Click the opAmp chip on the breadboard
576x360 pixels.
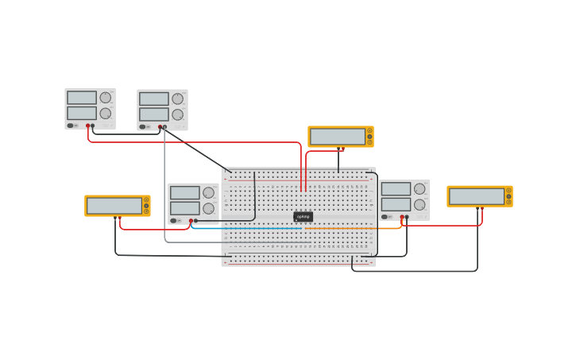pos(303,216)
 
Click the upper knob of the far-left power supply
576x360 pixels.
pos(105,98)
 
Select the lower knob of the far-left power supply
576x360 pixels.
pos(105,114)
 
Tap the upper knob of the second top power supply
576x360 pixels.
pos(177,99)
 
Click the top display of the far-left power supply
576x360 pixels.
pos(82,98)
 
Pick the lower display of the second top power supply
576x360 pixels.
pos(154,114)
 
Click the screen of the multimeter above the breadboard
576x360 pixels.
pos(338,137)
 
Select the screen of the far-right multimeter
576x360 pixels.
pos(477,196)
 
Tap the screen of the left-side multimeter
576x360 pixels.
pos(114,206)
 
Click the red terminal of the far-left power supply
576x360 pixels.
pos(88,126)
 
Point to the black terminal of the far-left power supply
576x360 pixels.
pos(93,126)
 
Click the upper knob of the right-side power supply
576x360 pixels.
pos(419,189)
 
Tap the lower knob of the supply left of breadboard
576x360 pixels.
pos(208,208)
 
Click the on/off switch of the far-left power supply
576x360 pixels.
pos(71,126)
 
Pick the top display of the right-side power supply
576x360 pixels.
pos(396,189)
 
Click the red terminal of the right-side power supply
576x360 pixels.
pos(402,217)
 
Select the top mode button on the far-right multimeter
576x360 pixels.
pos(508,190)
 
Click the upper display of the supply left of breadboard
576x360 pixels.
pos(185,192)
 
